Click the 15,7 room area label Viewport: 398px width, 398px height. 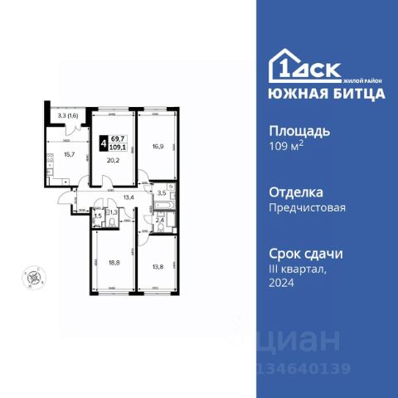tap(70, 154)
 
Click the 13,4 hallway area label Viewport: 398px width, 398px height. tap(129, 197)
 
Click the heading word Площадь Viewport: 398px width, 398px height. tap(301, 131)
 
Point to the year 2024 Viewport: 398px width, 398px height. tap(283, 283)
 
